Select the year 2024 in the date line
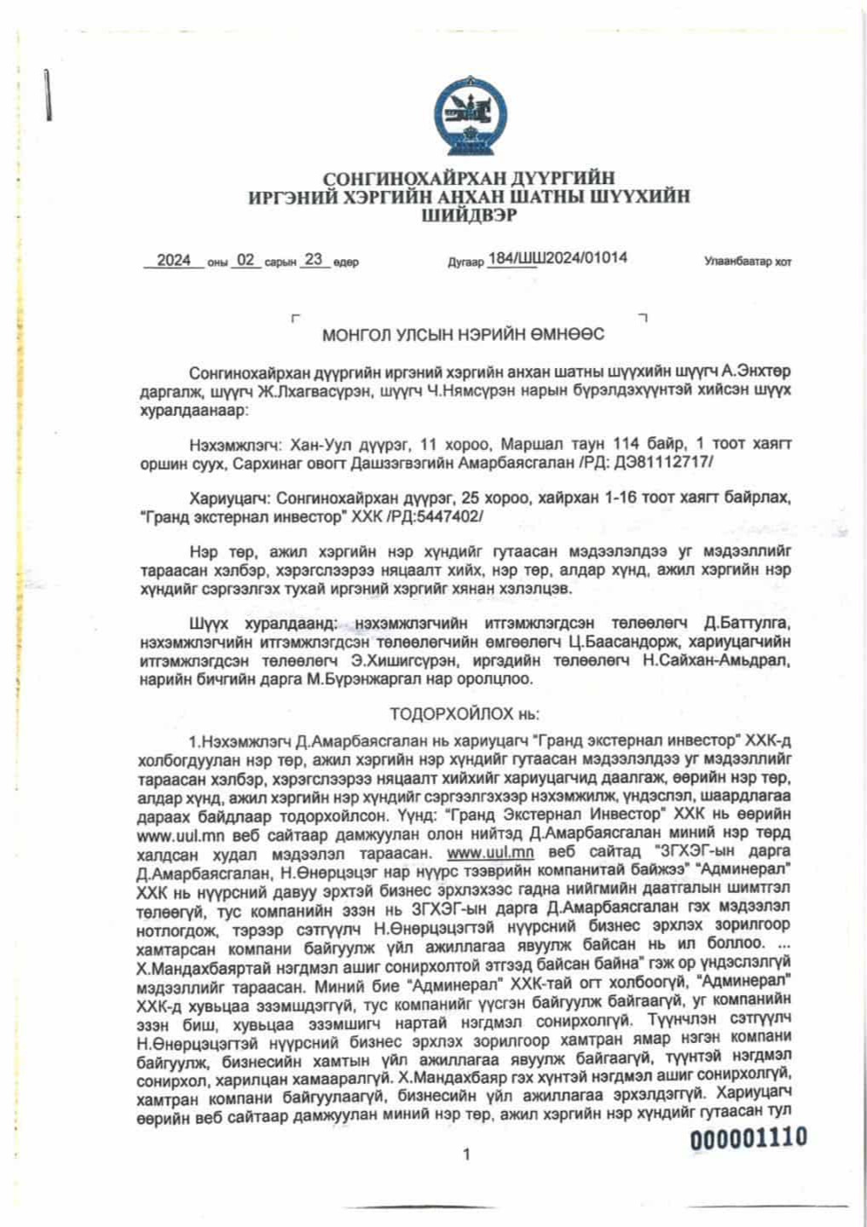[x=174, y=261]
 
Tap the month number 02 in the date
[x=246, y=261]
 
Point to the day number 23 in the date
[x=313, y=260]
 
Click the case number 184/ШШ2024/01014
[x=558, y=258]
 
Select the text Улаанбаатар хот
[x=747, y=262]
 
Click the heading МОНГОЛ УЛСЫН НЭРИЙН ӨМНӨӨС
[x=463, y=335]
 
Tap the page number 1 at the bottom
[x=465, y=1155]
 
